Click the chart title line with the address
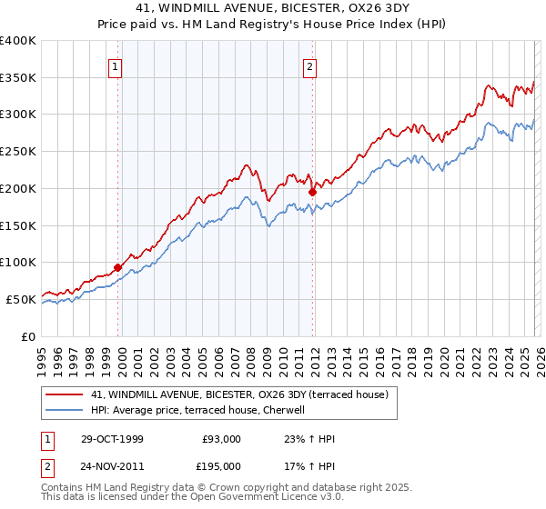coord(272,8)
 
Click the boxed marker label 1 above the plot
coord(117,65)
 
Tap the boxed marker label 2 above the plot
coord(310,65)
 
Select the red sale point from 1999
coord(118,267)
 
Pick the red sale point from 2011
coord(312,192)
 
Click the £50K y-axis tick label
coord(20,299)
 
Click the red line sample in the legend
coord(65,394)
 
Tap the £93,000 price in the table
coord(222,439)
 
